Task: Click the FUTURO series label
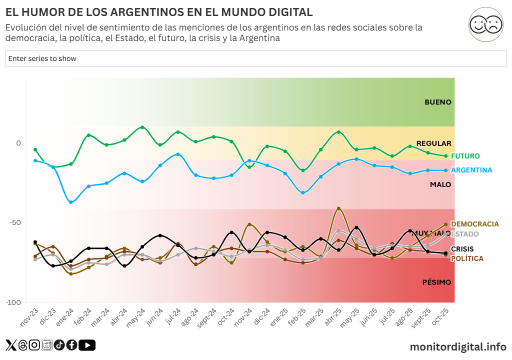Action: [x=465, y=156]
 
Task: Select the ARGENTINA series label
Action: [x=471, y=170]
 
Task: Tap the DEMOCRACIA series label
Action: [x=474, y=224]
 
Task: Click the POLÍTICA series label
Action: [x=467, y=258]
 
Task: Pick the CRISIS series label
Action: [x=462, y=249]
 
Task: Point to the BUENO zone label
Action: [x=437, y=102]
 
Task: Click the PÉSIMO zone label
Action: [x=436, y=282]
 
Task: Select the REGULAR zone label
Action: [x=433, y=143]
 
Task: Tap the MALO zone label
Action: [x=440, y=184]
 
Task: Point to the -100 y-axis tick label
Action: [x=13, y=302]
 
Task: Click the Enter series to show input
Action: [x=256, y=58]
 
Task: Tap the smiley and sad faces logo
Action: [x=485, y=24]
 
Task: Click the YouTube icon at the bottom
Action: [x=87, y=345]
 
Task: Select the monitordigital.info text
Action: [x=458, y=346]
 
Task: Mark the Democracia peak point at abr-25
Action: [x=338, y=208]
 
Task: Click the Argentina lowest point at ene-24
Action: [x=71, y=202]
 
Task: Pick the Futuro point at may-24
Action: [x=142, y=127]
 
